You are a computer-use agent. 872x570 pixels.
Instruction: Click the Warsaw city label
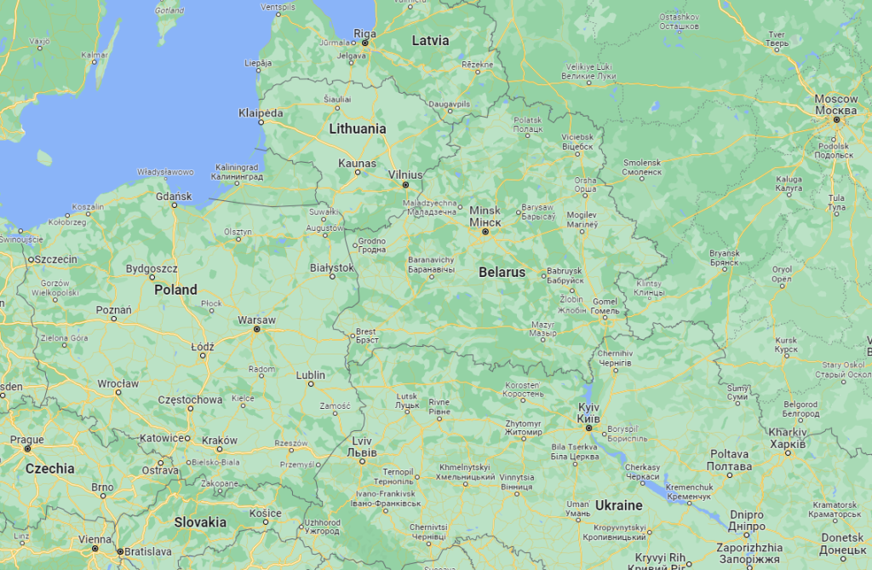coord(256,320)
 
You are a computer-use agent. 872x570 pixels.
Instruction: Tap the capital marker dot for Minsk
coord(485,232)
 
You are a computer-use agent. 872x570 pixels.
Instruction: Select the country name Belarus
coord(502,273)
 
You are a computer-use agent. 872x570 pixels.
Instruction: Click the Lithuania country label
coord(358,129)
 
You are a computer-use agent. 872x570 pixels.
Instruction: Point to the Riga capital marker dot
coord(364,42)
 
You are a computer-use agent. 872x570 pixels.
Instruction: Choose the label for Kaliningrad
coord(237,172)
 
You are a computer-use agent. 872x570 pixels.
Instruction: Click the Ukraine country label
coord(618,505)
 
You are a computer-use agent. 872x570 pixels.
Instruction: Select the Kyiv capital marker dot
coord(588,428)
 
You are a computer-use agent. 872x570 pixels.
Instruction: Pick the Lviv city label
coord(362,446)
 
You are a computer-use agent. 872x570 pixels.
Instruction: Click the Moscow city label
coord(835,105)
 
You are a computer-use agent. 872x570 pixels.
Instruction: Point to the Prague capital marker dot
coord(28,448)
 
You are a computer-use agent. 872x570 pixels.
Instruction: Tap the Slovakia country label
coord(201,521)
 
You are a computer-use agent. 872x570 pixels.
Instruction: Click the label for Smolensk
coord(642,167)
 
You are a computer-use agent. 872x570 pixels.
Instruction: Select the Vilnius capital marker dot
coord(405,185)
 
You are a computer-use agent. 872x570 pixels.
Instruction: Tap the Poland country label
coord(175,290)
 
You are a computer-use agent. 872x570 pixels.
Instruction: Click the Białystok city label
coord(331,268)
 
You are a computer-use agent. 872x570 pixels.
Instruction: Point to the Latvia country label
coord(430,40)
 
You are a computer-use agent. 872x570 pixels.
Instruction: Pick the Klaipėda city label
coord(261,112)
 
